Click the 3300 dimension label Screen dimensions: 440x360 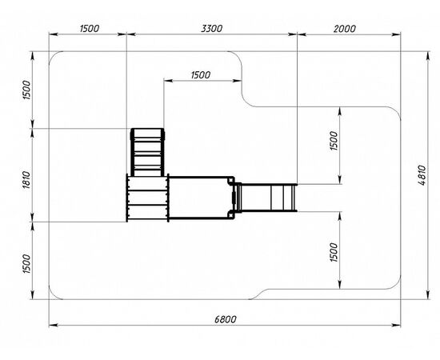pyautogui.click(x=211, y=29)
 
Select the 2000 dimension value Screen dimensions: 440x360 pyautogui.click(x=345, y=29)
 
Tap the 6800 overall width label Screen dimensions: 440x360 pyautogui.click(x=226, y=319)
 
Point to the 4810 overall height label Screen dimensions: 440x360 pyautogui.click(x=422, y=175)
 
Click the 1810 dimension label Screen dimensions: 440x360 pyautogui.click(x=26, y=179)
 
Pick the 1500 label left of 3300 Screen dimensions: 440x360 pyautogui.click(x=90, y=29)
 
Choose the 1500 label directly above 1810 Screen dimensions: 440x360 pyautogui.click(x=26, y=90)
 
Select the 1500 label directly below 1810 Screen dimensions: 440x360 pyautogui.click(x=26, y=264)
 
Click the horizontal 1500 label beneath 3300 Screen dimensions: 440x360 pyautogui.click(x=200, y=75)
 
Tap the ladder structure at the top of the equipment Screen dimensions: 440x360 pyautogui.click(x=147, y=152)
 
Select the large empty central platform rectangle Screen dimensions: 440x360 pyautogui.click(x=198, y=198)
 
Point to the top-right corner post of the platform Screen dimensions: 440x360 pyautogui.click(x=231, y=180)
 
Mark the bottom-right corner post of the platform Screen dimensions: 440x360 pyautogui.click(x=231, y=215)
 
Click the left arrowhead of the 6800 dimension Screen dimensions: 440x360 pyautogui.click(x=54, y=326)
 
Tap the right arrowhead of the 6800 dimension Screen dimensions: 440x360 pyautogui.click(x=396, y=326)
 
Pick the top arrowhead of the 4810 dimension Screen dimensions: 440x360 pyautogui.click(x=427, y=56)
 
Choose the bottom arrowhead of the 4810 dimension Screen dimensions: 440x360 pyautogui.click(x=427, y=295)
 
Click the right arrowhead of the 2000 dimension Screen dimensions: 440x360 pyautogui.click(x=396, y=34)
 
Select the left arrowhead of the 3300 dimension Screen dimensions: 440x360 pyautogui.click(x=131, y=34)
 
